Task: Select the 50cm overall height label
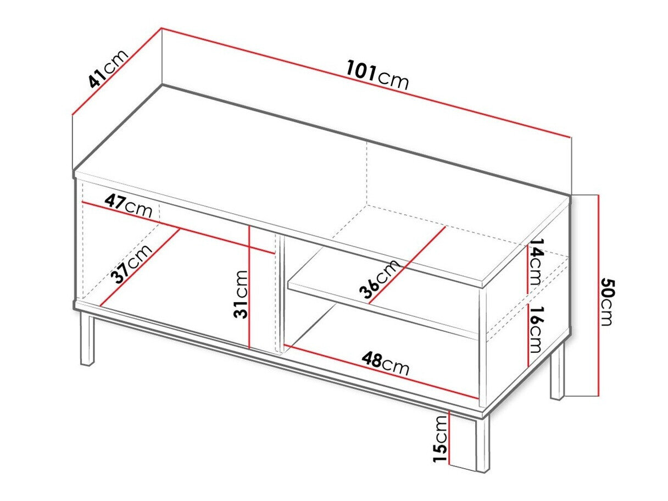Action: (606, 302)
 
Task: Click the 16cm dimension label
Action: (534, 330)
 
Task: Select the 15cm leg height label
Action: (440, 438)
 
